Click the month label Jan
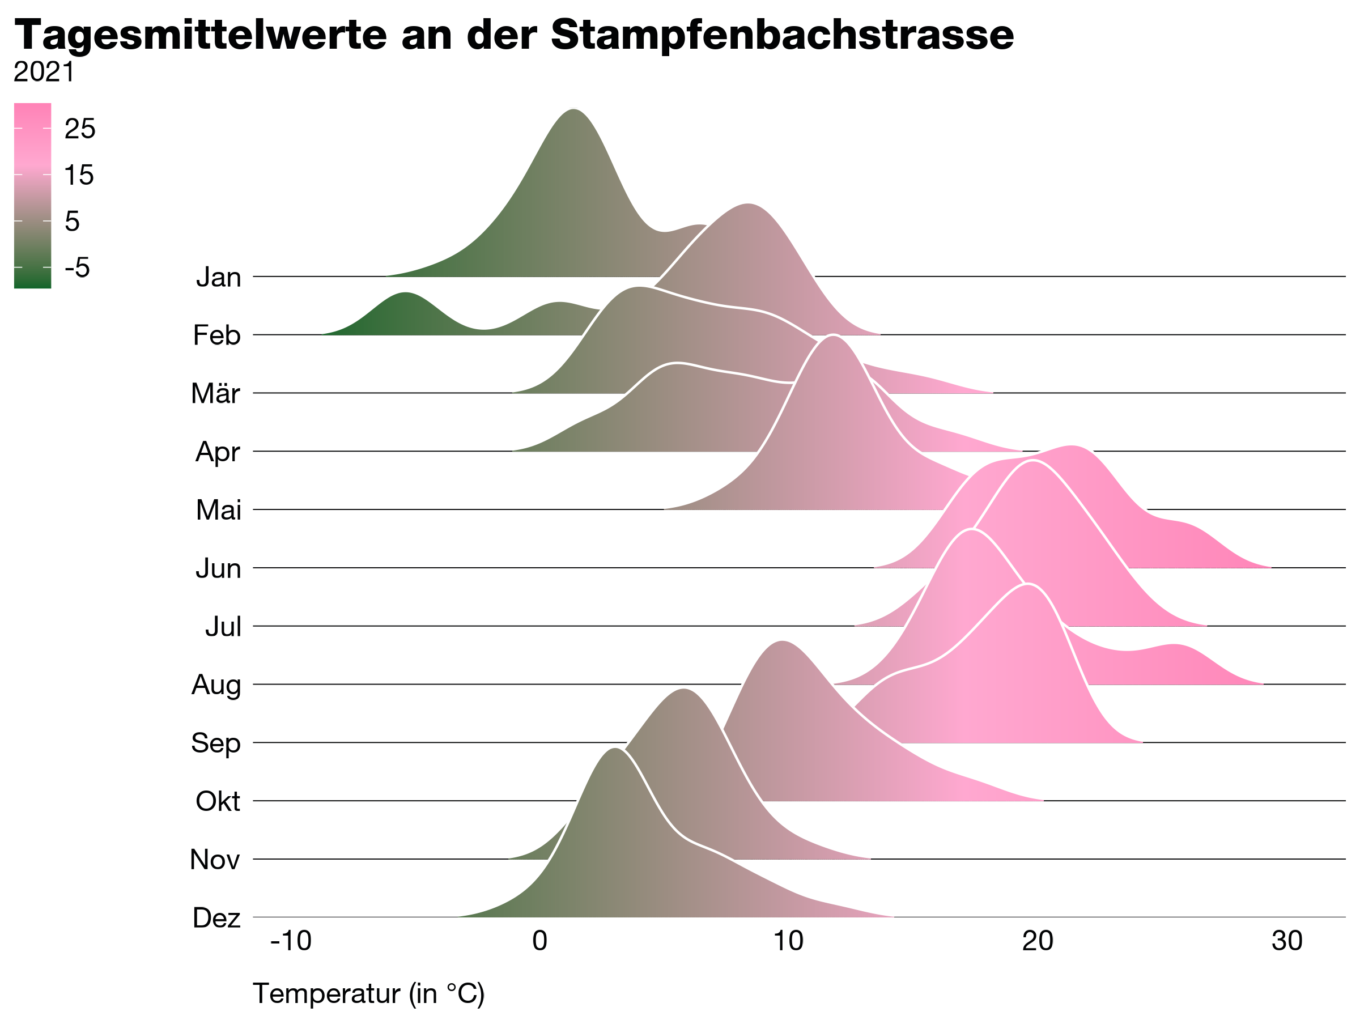click(218, 277)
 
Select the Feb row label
click(216, 335)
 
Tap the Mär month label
click(215, 393)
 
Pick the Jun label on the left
click(218, 569)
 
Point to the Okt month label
click(218, 802)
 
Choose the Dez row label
click(216, 918)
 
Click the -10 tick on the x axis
click(291, 941)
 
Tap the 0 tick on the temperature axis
click(539, 941)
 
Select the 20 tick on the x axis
click(1038, 941)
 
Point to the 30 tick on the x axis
click(1287, 941)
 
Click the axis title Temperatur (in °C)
click(369, 993)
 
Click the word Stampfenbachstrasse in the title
click(782, 35)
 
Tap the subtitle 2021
click(44, 73)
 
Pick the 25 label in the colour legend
click(80, 129)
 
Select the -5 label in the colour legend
click(77, 268)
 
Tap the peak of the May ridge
click(833, 338)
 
